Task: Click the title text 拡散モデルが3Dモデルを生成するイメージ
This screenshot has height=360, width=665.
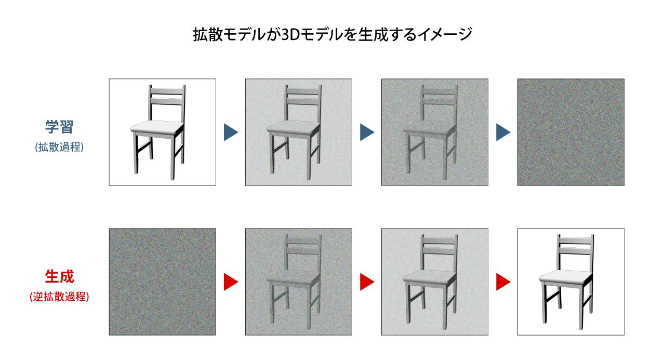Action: tap(332, 35)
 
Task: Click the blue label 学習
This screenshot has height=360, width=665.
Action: tap(60, 127)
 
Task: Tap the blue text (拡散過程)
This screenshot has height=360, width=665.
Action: tap(60, 147)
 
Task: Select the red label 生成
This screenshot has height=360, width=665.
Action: tap(60, 277)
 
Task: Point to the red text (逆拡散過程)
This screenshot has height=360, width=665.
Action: tap(60, 298)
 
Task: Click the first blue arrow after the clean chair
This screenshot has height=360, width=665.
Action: tap(231, 132)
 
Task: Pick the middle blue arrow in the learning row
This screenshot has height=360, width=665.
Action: tap(367, 132)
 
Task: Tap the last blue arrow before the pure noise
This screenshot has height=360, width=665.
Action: tap(503, 132)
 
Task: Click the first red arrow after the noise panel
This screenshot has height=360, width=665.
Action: tap(231, 282)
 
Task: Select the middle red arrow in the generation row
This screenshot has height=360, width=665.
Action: tap(367, 282)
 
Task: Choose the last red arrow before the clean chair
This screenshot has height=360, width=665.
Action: tap(503, 282)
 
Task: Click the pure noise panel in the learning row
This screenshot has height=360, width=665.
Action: tap(571, 132)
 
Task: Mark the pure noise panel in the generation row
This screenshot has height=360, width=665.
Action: tap(162, 282)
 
